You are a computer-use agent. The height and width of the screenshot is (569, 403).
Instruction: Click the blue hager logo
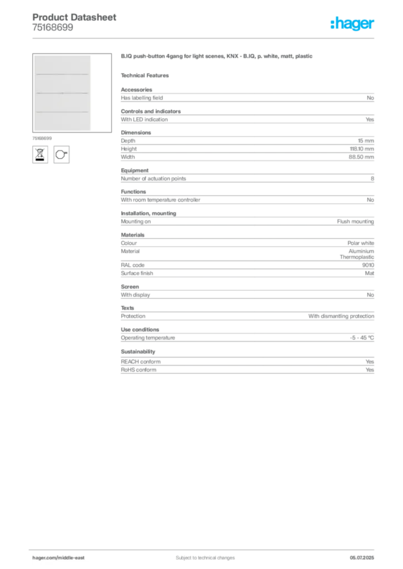point(352,24)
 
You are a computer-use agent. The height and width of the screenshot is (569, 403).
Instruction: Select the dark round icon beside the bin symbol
point(62,153)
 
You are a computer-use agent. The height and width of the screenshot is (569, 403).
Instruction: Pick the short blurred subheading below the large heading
point(147,75)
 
